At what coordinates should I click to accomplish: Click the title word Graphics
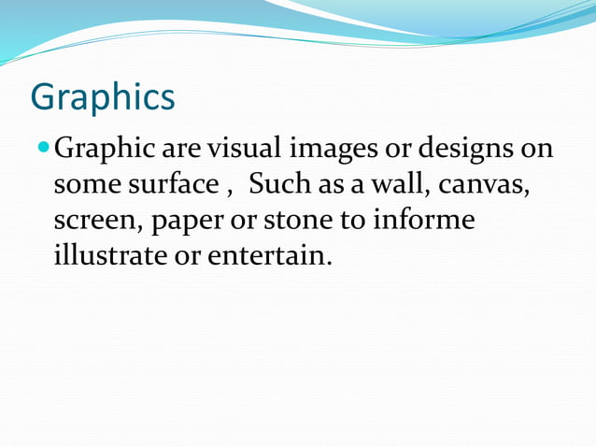pos(103,96)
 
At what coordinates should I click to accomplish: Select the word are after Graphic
pos(181,150)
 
